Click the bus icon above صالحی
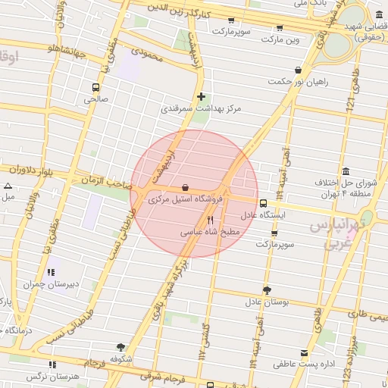tap(95, 86)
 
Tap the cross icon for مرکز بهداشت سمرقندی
tap(201, 96)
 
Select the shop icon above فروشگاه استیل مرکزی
tap(186, 187)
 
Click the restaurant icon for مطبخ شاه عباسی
tap(210, 219)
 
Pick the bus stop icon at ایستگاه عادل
tap(263, 203)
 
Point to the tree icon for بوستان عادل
tap(267, 290)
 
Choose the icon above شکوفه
tap(120, 346)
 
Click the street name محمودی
tap(147, 55)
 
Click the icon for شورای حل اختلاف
tap(346, 171)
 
